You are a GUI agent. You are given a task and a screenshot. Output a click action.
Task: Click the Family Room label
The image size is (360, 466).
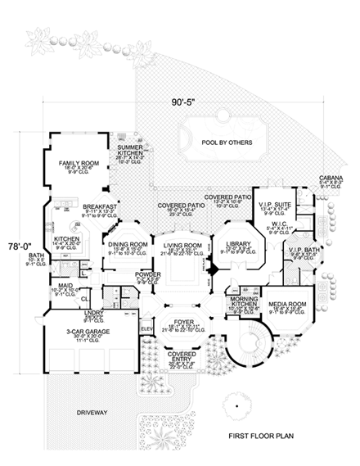tap(78, 163)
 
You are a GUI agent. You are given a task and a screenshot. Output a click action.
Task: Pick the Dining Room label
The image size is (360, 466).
tap(127, 244)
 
